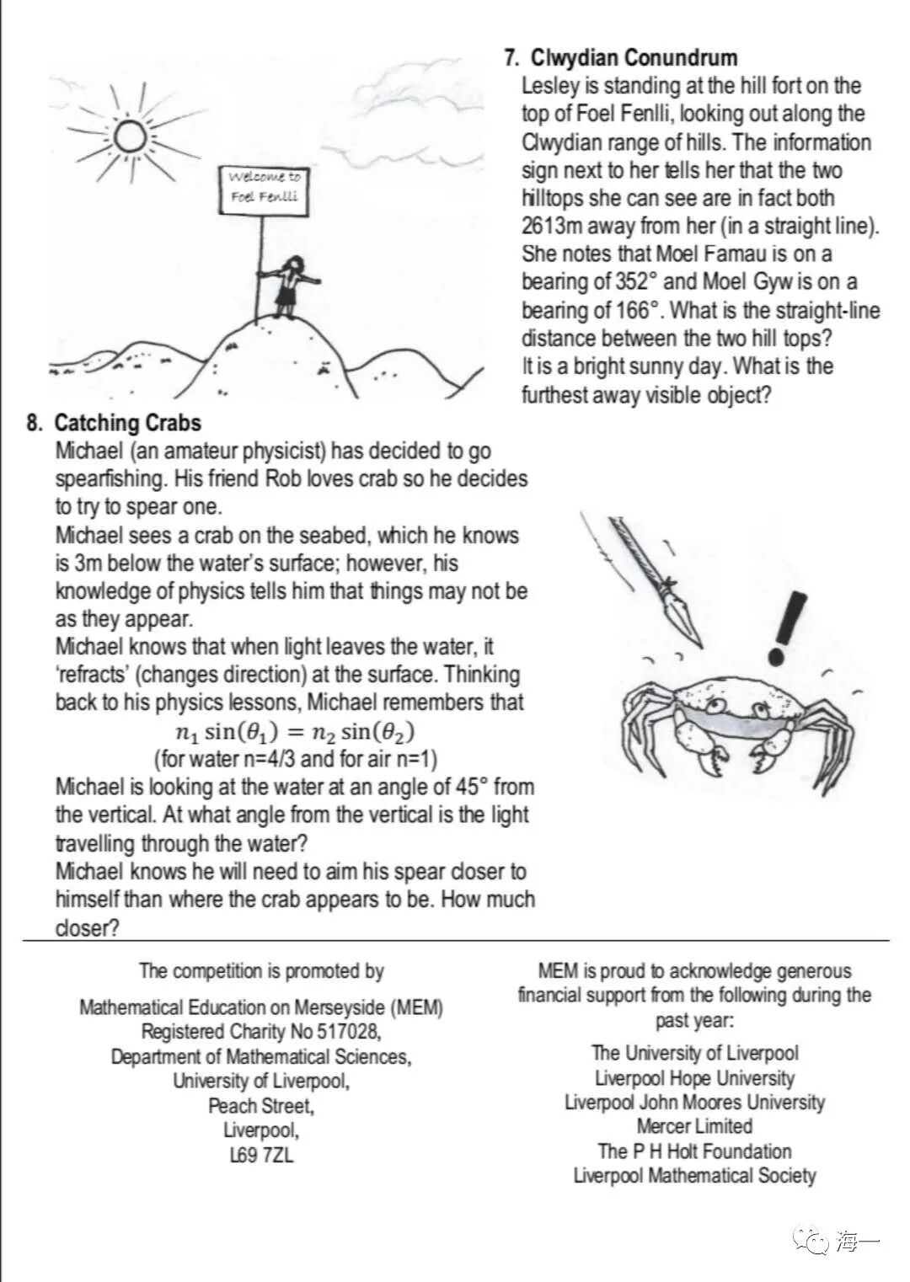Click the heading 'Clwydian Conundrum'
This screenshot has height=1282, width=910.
634,57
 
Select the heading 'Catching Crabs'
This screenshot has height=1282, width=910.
127,422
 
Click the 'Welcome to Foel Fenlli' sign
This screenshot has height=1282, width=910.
264,187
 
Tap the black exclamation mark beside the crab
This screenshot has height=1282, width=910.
786,628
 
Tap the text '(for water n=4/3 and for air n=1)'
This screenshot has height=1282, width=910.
295,759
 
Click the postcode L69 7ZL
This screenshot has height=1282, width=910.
261,1155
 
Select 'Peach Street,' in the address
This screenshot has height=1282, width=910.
261,1105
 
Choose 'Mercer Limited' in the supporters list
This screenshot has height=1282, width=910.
694,1126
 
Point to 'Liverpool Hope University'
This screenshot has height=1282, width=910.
694,1078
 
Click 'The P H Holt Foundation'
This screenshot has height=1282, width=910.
694,1151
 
